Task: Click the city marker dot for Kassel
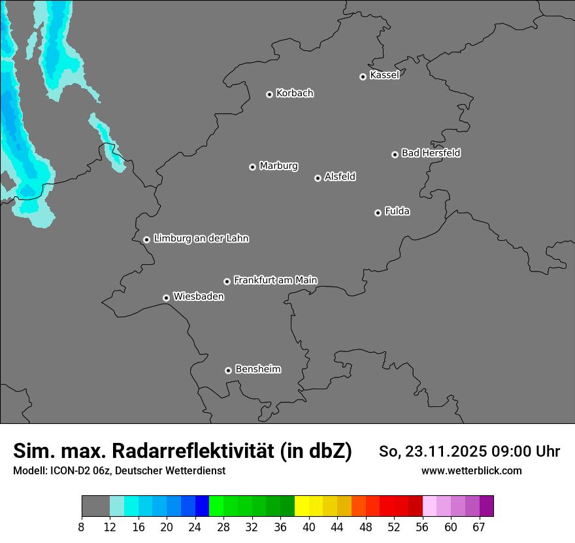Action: pyautogui.click(x=363, y=77)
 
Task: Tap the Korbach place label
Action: pyautogui.click(x=295, y=94)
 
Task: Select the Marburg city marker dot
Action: pyautogui.click(x=252, y=167)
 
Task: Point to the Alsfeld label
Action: pyautogui.click(x=340, y=177)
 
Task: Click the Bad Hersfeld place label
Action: pyautogui.click(x=431, y=153)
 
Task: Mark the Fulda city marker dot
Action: pyautogui.click(x=378, y=213)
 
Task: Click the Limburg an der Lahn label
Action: pyautogui.click(x=201, y=239)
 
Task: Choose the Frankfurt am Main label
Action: pyautogui.click(x=275, y=280)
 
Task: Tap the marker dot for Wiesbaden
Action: pyautogui.click(x=166, y=298)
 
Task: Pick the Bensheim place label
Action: pyautogui.click(x=257, y=369)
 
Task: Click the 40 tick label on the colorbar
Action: pyautogui.click(x=309, y=527)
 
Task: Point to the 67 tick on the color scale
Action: pyautogui.click(x=480, y=527)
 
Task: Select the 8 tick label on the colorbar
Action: pyautogui.click(x=82, y=527)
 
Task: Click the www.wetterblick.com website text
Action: pyautogui.click(x=471, y=470)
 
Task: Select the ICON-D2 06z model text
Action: pyautogui.click(x=76, y=470)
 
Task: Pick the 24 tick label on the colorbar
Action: pyautogui.click(x=195, y=527)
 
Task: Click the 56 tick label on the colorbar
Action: pyautogui.click(x=422, y=527)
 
